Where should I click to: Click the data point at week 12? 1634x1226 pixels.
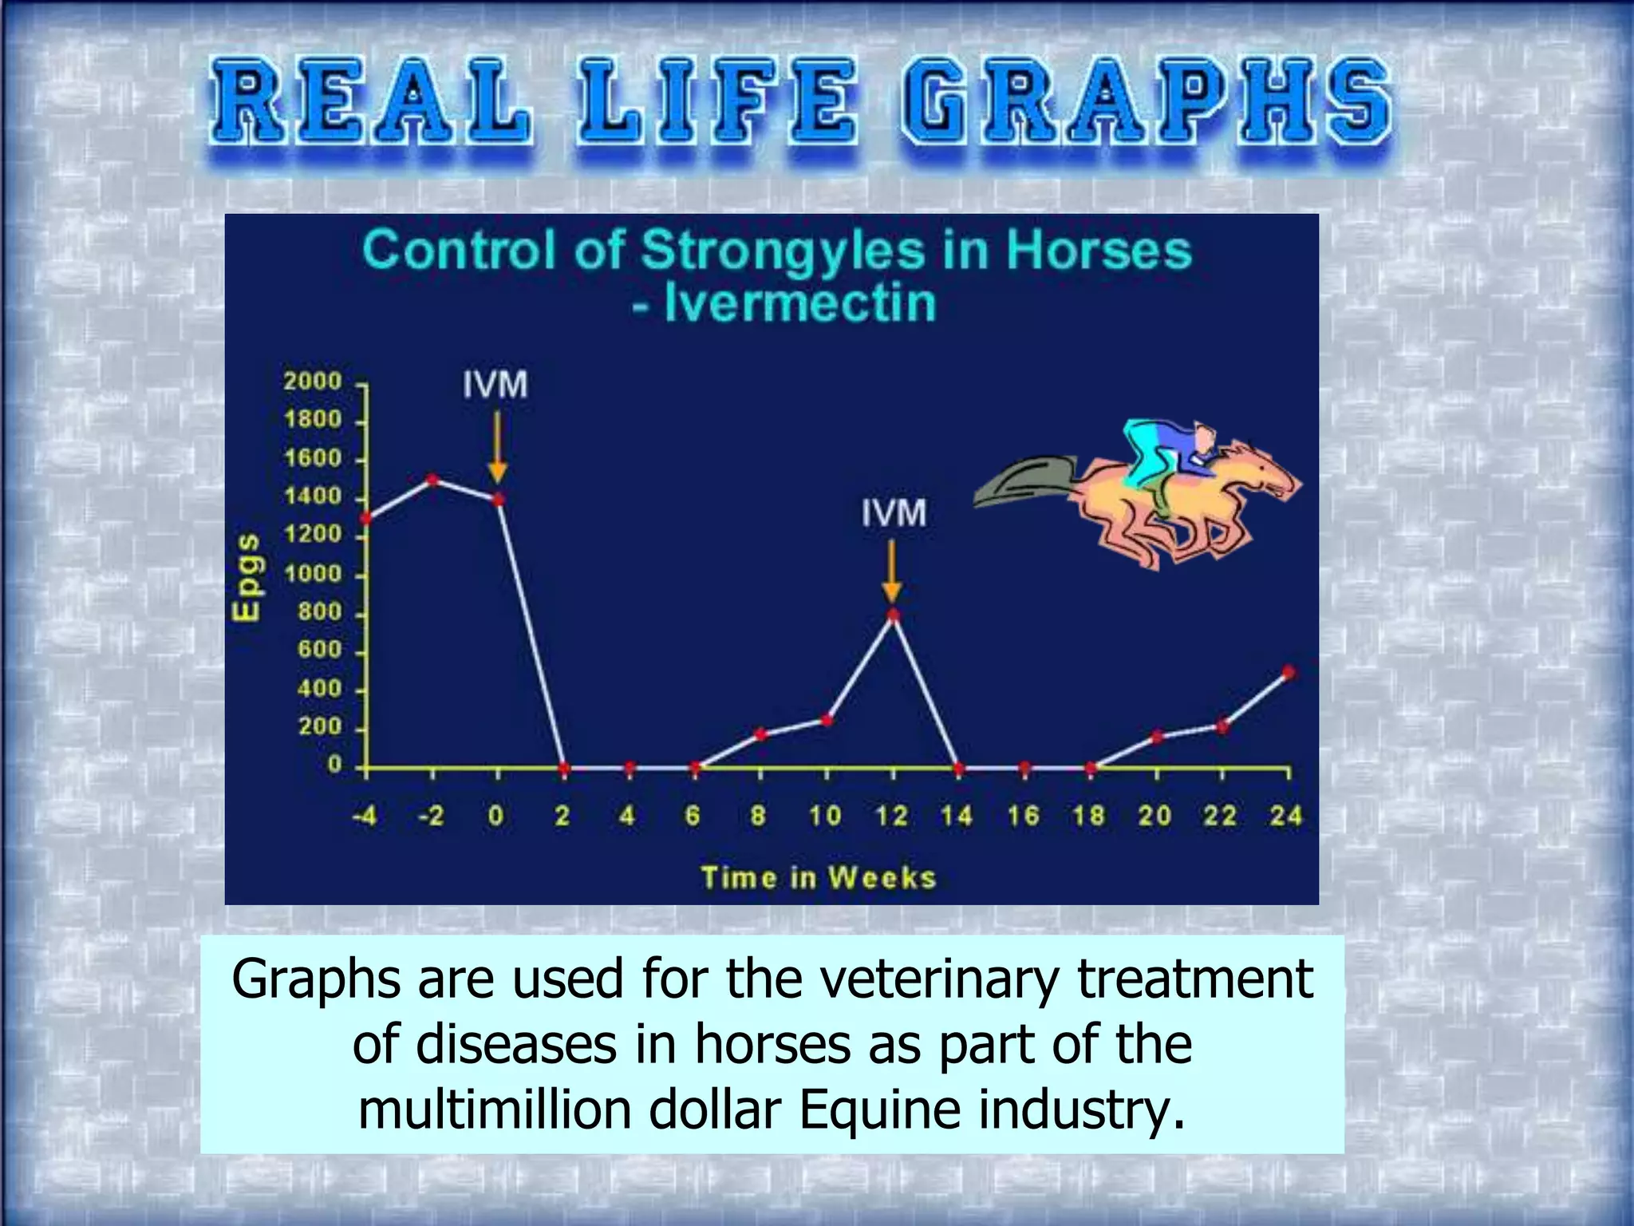click(x=893, y=615)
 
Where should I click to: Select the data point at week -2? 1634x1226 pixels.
click(x=432, y=480)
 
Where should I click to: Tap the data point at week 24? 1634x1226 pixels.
click(x=1287, y=672)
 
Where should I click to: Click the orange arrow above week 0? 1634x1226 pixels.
click(x=497, y=446)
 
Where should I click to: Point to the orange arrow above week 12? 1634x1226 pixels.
click(x=892, y=571)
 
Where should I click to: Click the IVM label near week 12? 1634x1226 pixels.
click(x=894, y=513)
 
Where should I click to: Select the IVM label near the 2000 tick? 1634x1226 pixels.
click(x=495, y=385)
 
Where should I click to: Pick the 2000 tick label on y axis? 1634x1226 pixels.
click(x=313, y=381)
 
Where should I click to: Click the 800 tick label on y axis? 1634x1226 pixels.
click(x=319, y=612)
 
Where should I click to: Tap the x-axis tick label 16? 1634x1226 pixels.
click(x=1023, y=816)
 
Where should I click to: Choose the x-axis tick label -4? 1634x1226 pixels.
click(x=365, y=816)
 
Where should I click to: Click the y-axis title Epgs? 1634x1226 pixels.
click(x=247, y=576)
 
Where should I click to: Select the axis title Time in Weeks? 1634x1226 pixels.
click(x=819, y=878)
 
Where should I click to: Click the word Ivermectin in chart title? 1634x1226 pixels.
click(x=799, y=303)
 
